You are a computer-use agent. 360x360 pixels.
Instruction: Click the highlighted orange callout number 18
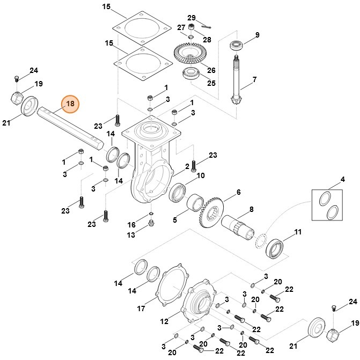coord(70,104)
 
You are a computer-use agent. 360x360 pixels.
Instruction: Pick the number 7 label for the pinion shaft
coord(254,79)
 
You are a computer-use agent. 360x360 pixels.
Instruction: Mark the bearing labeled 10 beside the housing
coord(178,192)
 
